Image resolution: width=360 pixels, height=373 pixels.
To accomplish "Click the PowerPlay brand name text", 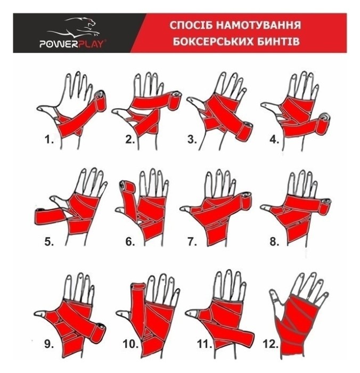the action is [72, 44].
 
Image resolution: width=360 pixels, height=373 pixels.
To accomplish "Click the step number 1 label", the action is [49, 140].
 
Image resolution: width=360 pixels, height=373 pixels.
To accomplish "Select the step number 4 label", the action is [274, 140].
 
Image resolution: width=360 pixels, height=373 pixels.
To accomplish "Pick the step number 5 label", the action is [49, 242].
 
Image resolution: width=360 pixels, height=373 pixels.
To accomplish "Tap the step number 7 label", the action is [192, 242].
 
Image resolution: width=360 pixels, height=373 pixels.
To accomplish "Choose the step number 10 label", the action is [130, 344].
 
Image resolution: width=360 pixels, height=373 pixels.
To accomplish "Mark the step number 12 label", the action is [271, 344].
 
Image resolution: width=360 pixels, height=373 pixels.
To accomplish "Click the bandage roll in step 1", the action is [100, 101].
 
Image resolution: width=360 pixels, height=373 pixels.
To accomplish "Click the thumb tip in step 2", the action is [116, 111].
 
